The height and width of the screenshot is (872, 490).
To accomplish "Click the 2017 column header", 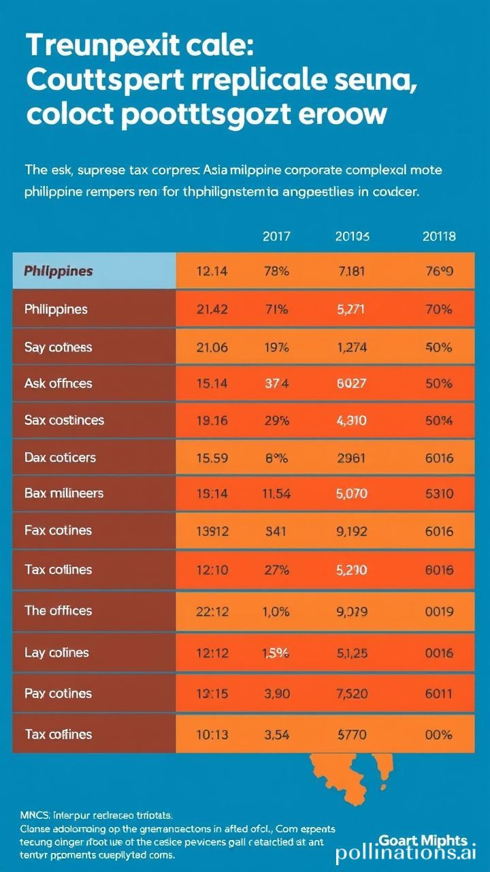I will [x=276, y=237].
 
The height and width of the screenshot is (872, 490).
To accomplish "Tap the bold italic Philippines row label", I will [x=59, y=270].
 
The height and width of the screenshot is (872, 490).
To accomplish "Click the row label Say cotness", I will [x=58, y=347].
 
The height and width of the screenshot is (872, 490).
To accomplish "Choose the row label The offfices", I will [x=58, y=611].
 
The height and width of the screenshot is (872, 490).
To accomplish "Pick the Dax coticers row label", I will [x=60, y=456].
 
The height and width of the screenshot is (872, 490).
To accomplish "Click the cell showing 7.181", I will [x=351, y=270].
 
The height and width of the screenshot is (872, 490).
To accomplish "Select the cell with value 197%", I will [x=276, y=347].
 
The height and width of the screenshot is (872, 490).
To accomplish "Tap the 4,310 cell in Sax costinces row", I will [x=351, y=420].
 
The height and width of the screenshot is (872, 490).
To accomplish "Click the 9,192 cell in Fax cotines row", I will [x=351, y=531].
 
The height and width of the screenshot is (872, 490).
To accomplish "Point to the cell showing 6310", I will [x=439, y=493].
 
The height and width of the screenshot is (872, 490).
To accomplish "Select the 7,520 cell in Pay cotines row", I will [x=351, y=694].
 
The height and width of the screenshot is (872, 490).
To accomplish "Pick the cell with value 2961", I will [x=351, y=456].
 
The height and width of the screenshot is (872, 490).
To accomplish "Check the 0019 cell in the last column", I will [x=439, y=611].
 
